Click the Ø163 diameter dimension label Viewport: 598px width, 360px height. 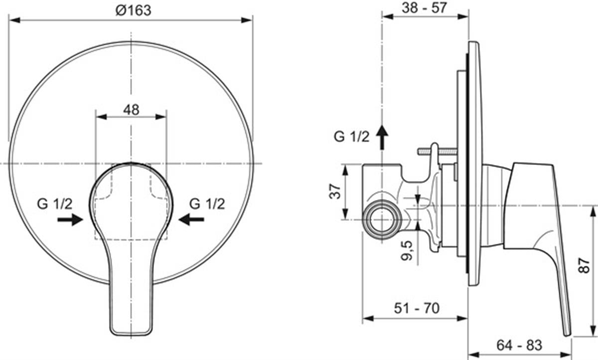tap(133, 10)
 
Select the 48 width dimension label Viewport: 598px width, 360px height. tap(131, 110)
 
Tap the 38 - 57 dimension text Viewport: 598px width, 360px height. tap(424, 8)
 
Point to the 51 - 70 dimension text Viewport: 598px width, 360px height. tap(417, 308)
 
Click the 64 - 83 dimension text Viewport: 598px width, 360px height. tap(519, 345)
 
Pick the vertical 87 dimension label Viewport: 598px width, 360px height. tap(585, 265)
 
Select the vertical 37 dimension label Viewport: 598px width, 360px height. tap(335, 191)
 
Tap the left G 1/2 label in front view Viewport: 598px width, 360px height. tap(55, 204)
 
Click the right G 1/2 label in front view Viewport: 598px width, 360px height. tap(207, 204)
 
